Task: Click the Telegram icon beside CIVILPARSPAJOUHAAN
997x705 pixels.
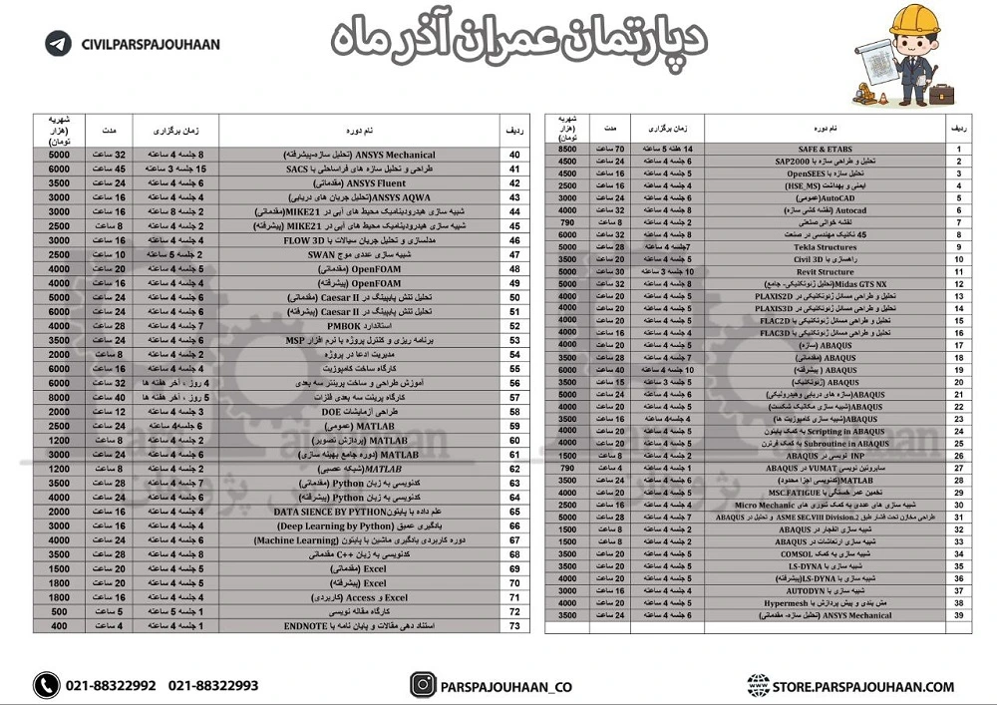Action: [x=59, y=44]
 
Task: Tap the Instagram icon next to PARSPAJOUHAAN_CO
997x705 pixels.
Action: [x=424, y=686]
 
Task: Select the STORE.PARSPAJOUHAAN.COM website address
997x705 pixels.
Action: [x=863, y=686]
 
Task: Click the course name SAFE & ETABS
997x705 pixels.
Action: [x=827, y=149]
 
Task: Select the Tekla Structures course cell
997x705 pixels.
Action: [x=827, y=247]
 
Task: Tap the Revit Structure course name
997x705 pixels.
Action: [x=827, y=271]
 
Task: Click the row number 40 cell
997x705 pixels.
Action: [x=514, y=155]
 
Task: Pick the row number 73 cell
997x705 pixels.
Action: [x=514, y=625]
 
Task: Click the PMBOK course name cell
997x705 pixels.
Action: [x=360, y=326]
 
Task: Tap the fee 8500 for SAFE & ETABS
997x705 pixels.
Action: [x=566, y=149]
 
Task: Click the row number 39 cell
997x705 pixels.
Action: [x=958, y=616]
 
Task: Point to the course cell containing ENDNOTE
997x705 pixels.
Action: [x=360, y=625]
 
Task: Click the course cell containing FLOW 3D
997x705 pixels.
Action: [x=360, y=240]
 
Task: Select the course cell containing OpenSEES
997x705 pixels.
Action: [x=827, y=174]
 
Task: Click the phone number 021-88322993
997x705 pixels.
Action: [x=213, y=686]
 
